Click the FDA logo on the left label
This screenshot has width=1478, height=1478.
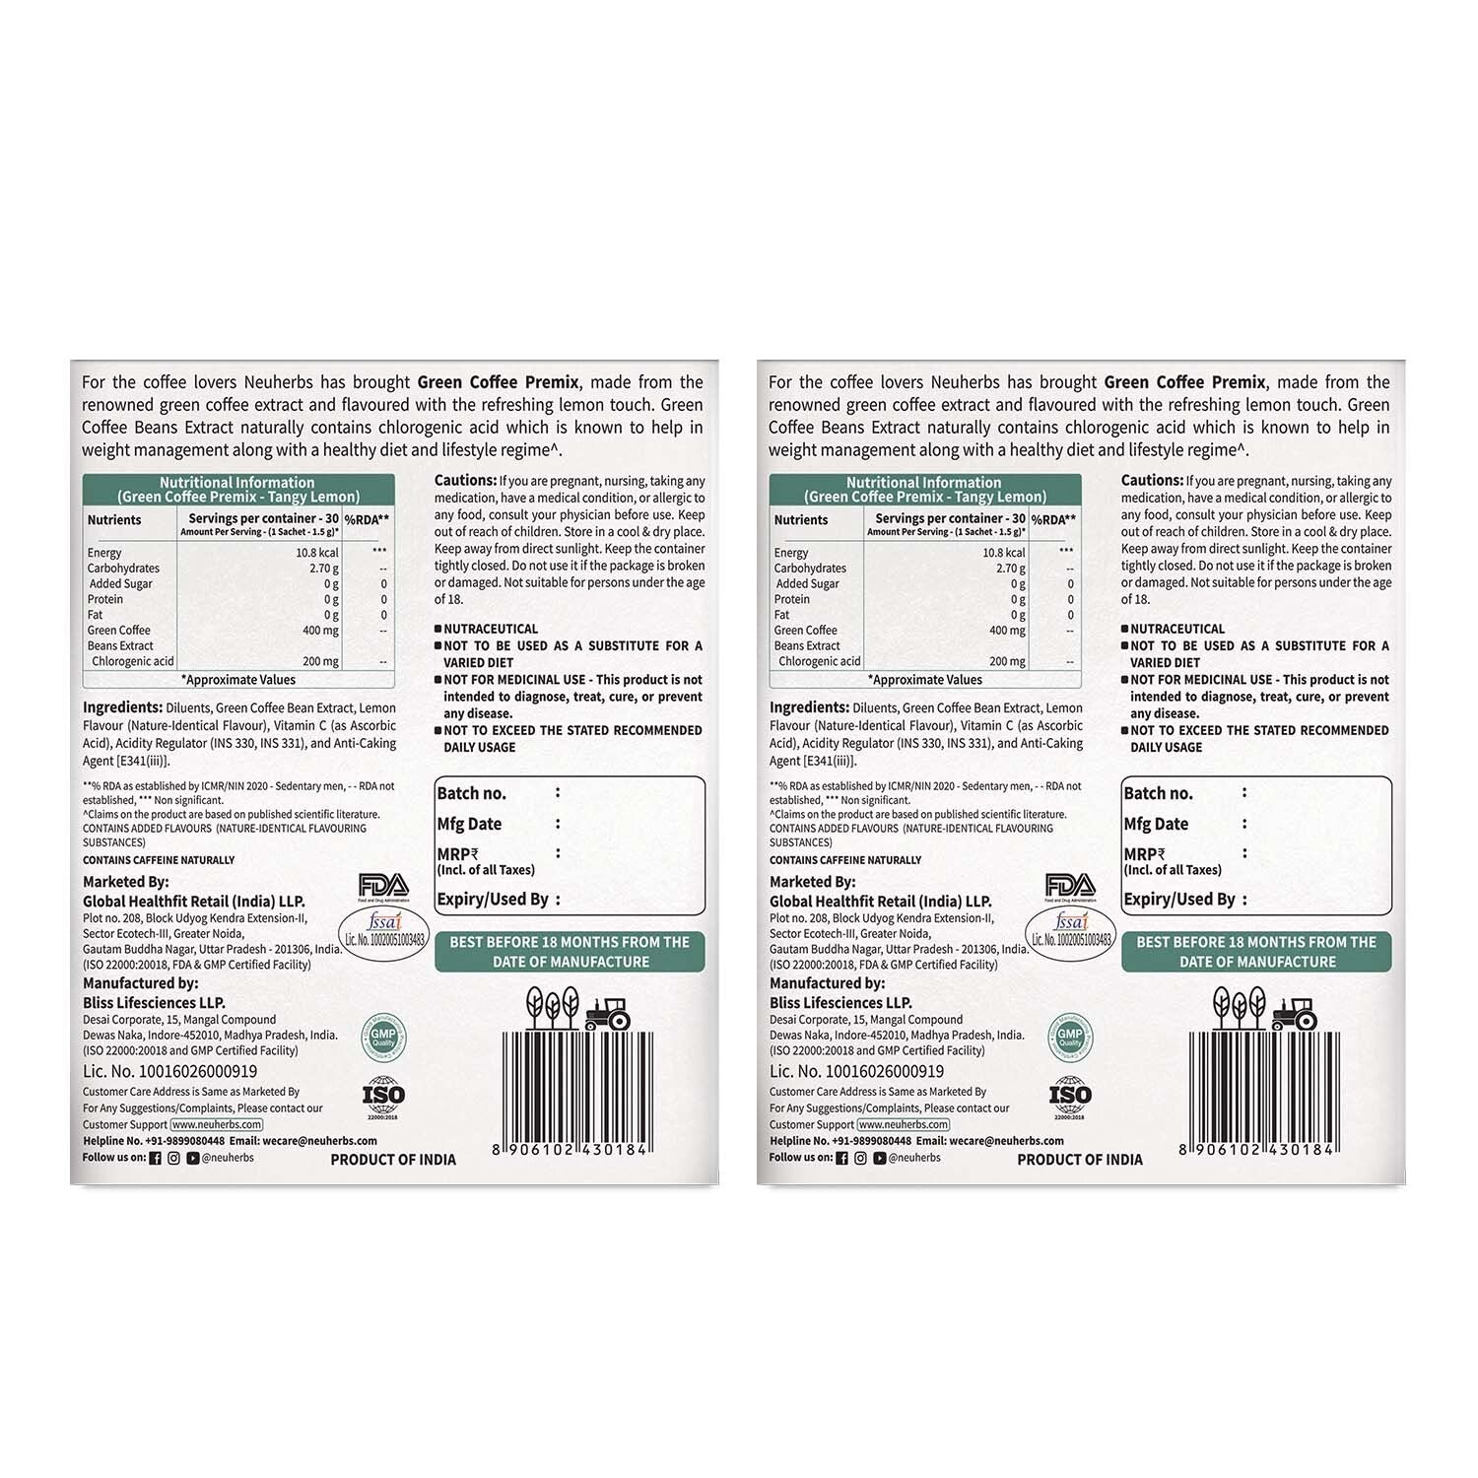(x=383, y=886)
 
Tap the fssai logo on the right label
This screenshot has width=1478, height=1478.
(x=1071, y=929)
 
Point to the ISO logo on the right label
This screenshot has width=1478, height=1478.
(x=1070, y=1096)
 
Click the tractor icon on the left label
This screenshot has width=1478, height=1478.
(x=607, y=1013)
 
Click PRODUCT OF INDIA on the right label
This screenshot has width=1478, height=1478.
(x=1080, y=1160)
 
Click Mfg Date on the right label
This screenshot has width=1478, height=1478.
(x=1156, y=824)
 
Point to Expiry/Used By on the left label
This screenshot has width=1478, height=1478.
(x=493, y=899)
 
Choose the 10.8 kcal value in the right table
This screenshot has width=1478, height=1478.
(x=1004, y=553)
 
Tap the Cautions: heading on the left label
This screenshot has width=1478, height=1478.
(x=465, y=481)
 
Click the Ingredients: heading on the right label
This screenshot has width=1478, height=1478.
(x=809, y=707)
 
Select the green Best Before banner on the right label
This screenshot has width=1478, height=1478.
(x=1256, y=952)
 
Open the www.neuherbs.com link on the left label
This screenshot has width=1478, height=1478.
(x=217, y=1124)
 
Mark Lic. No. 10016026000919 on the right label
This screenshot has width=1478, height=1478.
(x=856, y=1071)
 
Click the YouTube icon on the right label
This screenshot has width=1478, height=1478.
(x=880, y=1158)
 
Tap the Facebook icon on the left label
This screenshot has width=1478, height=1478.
(x=155, y=1158)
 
